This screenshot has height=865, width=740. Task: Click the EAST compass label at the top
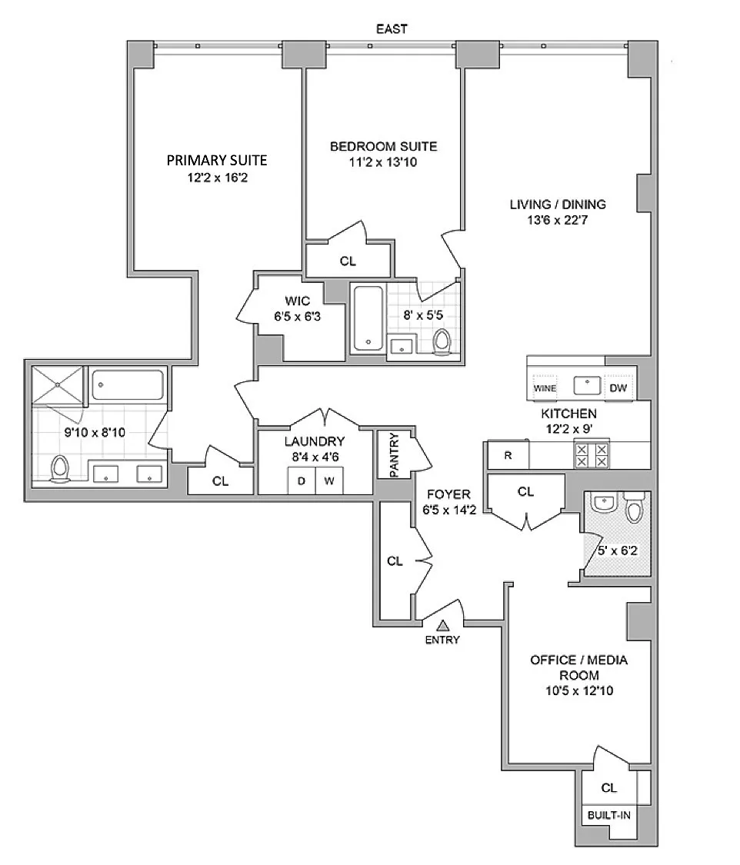coord(392,28)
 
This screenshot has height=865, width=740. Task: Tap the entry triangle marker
coord(442,626)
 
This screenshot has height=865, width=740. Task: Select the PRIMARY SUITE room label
coord(217,161)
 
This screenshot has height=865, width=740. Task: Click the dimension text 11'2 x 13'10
coord(383,162)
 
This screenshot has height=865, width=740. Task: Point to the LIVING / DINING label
coord(558,205)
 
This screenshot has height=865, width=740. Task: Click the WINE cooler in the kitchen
coord(545,388)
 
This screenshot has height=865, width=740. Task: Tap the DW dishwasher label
coord(618,388)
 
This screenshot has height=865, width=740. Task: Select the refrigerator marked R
coord(508,456)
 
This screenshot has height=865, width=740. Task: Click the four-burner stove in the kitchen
coord(592,456)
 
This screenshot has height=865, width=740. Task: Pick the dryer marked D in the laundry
coord(302,481)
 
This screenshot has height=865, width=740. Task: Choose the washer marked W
coord(329,481)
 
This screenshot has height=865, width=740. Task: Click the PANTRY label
coord(394,455)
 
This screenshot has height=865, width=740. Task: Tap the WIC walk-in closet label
coord(298,301)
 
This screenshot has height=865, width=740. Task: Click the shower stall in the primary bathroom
coord(58,385)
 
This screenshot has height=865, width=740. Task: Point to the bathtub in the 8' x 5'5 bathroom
coord(368,318)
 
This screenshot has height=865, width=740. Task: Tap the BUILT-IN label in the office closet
coord(608,815)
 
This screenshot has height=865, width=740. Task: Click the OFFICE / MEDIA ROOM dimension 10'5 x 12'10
coord(579,690)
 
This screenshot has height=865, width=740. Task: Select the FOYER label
coord(448,494)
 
